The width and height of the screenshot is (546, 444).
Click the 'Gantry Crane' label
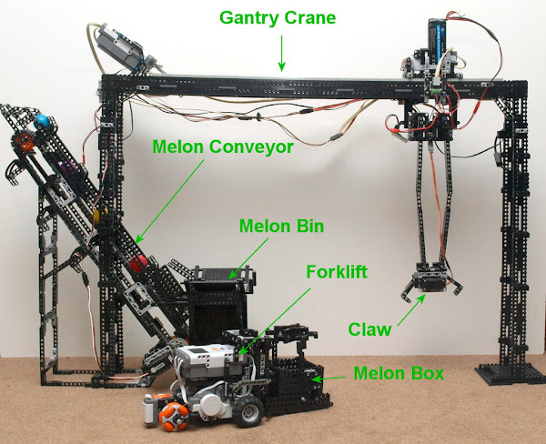coord(278,18)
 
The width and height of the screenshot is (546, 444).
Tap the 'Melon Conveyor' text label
coord(223,146)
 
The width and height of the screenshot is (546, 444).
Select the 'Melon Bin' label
coord(281,226)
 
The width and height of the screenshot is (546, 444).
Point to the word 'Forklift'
coord(337,271)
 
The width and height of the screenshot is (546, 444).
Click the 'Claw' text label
coord(369,329)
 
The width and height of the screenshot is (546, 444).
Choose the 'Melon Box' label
coord(399,373)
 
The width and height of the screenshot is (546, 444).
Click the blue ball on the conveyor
coord(42,120)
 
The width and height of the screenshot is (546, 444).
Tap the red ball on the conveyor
coord(138,263)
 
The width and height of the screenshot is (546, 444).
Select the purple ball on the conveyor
coord(66,167)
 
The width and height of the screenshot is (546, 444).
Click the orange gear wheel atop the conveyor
coord(24,142)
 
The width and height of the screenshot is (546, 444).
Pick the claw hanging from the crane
coord(431,283)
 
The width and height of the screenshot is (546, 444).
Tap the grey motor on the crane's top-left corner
coord(122,48)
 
